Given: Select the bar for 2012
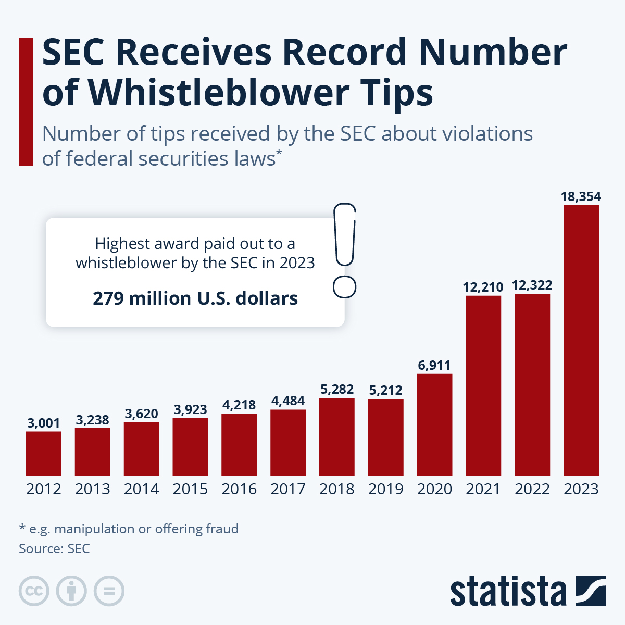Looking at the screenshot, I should (x=44, y=453).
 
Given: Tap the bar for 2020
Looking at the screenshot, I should (x=434, y=424).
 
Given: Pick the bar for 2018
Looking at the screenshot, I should (x=337, y=436).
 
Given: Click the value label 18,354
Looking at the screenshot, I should (x=581, y=197).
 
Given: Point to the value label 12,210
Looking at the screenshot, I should (x=483, y=287).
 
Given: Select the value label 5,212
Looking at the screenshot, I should (x=385, y=390).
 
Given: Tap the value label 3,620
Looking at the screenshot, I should (x=141, y=414).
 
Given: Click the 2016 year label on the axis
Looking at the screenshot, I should (x=239, y=489).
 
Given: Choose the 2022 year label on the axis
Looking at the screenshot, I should (x=532, y=489).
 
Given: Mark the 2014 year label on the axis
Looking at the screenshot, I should (x=141, y=489).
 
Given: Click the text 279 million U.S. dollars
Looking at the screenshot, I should (x=195, y=298).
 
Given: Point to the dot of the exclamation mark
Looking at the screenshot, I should (x=344, y=287).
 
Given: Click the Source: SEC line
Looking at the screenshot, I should (x=54, y=548).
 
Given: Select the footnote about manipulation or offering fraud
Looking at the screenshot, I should (x=129, y=529).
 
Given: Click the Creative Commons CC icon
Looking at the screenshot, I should (x=34, y=591).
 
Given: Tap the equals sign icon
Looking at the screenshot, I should (x=109, y=591).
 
